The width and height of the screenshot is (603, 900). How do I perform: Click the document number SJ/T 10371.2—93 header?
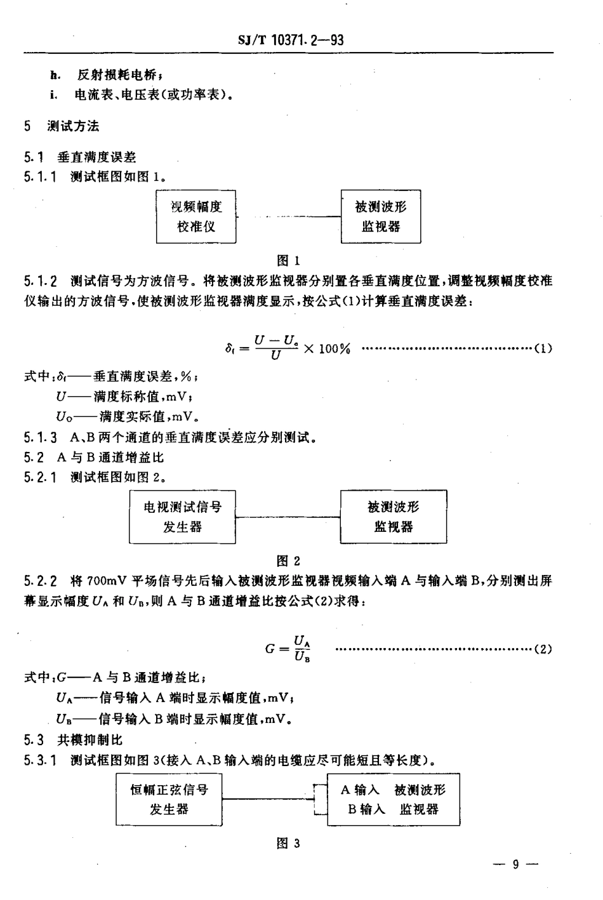click(291, 40)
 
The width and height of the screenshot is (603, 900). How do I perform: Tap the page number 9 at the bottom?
click(515, 864)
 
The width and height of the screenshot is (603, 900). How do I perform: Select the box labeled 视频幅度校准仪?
click(196, 216)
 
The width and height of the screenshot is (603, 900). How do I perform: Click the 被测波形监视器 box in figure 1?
click(381, 216)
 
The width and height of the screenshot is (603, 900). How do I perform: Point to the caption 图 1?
click(289, 260)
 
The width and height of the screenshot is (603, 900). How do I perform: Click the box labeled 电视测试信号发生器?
click(182, 517)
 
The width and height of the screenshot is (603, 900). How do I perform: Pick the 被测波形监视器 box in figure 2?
click(394, 517)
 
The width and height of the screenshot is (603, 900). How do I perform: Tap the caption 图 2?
click(289, 560)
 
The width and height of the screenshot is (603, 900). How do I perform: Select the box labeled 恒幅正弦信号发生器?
click(169, 799)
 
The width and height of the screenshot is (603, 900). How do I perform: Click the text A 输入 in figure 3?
click(360, 790)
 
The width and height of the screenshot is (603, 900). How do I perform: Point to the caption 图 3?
click(289, 843)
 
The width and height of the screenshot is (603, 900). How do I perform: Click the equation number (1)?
click(543, 348)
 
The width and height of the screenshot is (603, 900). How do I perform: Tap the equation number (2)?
click(543, 649)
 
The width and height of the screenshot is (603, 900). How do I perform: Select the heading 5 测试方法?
click(62, 126)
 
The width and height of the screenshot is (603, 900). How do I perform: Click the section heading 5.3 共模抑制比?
click(74, 739)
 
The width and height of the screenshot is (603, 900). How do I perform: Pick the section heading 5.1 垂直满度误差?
click(80, 157)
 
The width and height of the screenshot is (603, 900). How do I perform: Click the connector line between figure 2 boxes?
click(288, 517)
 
